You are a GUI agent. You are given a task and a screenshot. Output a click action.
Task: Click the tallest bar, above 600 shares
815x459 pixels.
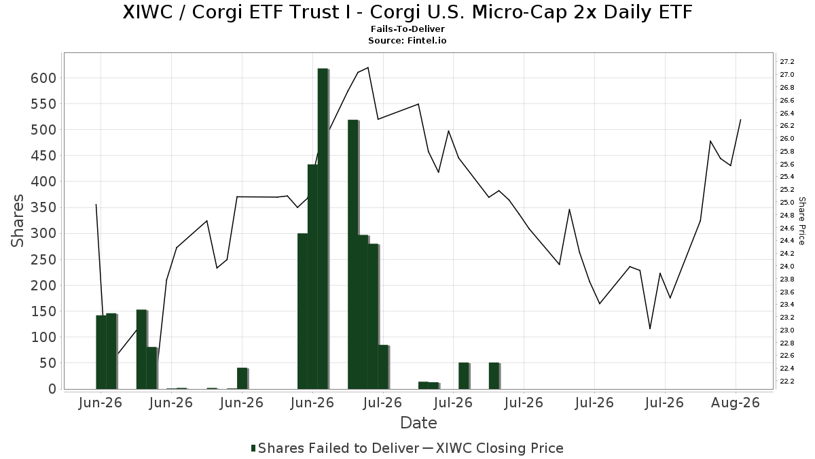pyautogui.click(x=323, y=228)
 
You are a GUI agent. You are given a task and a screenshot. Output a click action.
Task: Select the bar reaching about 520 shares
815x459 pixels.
pyautogui.click(x=353, y=254)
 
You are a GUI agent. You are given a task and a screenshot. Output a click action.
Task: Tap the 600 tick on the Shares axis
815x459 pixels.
pyautogui.click(x=43, y=78)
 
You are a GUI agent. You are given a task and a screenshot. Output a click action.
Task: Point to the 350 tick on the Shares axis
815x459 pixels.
pyautogui.click(x=43, y=208)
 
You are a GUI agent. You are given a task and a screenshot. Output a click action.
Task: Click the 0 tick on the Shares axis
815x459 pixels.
pyautogui.click(x=53, y=389)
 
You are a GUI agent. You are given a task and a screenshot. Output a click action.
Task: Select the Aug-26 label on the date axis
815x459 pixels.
pyautogui.click(x=736, y=403)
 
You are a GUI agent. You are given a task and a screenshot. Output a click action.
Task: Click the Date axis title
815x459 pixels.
pyautogui.click(x=418, y=423)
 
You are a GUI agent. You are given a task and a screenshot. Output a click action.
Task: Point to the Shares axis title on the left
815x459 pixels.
pyautogui.click(x=17, y=221)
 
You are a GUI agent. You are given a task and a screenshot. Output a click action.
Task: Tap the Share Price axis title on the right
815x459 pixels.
pyautogui.click(x=801, y=221)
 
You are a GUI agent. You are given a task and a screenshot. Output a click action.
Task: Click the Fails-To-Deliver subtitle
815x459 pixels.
pyautogui.click(x=407, y=29)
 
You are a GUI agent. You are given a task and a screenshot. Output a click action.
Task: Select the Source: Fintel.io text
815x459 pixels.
pyautogui.click(x=407, y=40)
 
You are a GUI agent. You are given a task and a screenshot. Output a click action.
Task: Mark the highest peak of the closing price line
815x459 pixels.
pyautogui.click(x=368, y=67)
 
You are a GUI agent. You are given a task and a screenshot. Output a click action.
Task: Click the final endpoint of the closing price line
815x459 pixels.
pyautogui.click(x=740, y=120)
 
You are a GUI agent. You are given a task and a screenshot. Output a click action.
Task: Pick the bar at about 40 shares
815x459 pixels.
pyautogui.click(x=242, y=379)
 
